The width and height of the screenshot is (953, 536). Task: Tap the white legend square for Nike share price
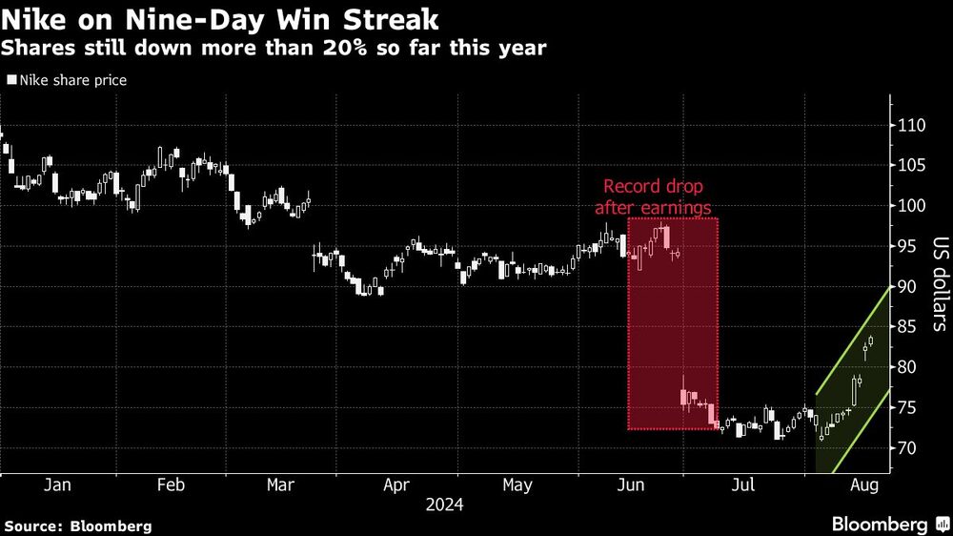point(10,81)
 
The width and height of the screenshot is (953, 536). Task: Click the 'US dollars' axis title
point(939,284)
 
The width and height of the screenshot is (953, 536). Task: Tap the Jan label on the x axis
point(57,485)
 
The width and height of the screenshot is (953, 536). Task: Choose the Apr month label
point(396,485)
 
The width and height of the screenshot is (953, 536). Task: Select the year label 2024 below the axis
point(444,505)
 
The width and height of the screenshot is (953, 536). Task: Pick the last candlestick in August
point(871,341)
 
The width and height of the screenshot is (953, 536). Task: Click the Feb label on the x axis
point(170,485)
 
